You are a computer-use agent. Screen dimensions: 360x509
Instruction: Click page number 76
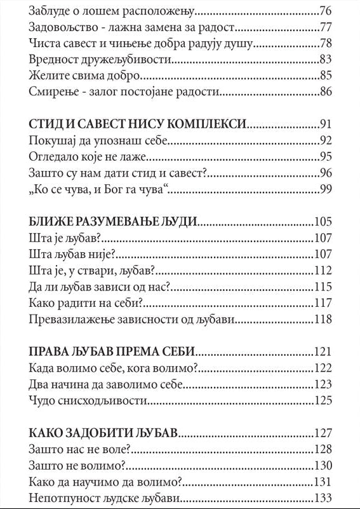(x=326, y=11)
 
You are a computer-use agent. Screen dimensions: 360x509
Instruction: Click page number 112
(x=323, y=269)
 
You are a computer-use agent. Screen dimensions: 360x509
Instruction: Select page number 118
(x=323, y=318)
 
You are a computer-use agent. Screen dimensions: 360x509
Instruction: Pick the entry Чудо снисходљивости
(x=88, y=400)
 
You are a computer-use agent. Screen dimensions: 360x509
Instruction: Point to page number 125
(x=323, y=400)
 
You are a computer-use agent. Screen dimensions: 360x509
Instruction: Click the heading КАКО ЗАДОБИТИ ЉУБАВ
(x=103, y=433)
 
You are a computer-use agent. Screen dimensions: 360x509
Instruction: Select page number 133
(x=323, y=498)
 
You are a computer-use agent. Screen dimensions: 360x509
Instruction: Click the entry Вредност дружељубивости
(x=101, y=60)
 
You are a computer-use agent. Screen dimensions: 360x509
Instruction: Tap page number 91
(x=326, y=124)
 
